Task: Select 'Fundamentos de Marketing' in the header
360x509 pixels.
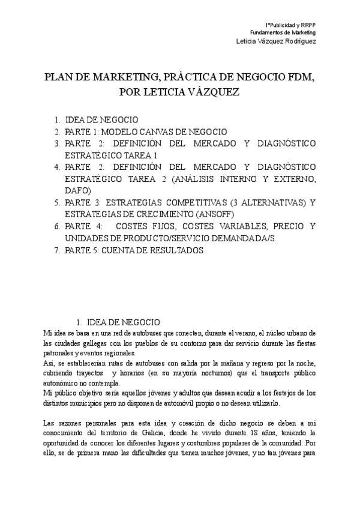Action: (x=283, y=32)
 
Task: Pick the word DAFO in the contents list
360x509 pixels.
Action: (x=77, y=190)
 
